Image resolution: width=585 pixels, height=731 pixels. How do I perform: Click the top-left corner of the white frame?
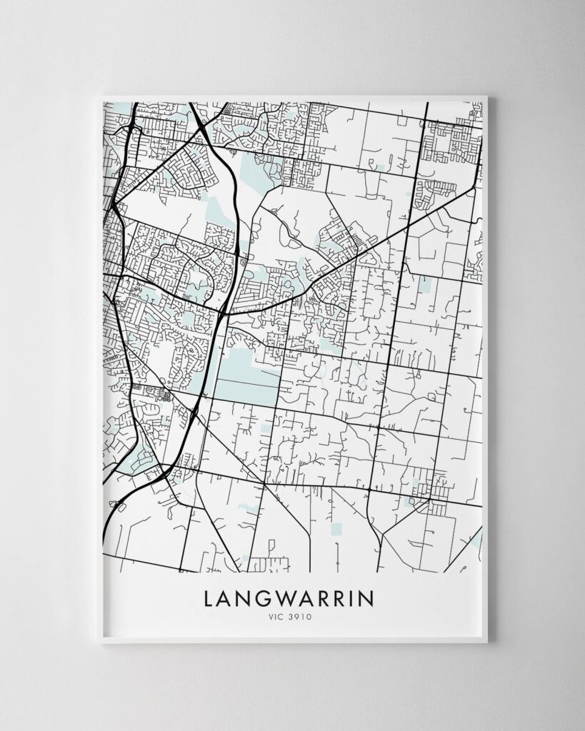click(101, 96)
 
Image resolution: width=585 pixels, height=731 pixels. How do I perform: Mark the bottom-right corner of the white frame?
click(487, 643)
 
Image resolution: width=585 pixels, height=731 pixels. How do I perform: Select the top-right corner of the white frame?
click(486, 96)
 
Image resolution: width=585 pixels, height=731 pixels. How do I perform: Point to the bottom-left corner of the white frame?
click(101, 643)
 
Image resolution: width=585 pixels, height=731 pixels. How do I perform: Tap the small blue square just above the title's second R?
click(336, 529)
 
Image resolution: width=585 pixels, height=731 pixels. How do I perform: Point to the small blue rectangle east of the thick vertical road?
click(427, 285)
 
